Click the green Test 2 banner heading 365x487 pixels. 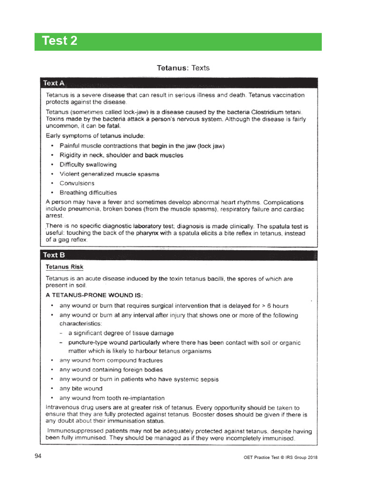[60, 41]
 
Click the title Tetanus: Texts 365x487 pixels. [183, 68]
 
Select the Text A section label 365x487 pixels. [54, 83]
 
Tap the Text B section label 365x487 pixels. [54, 255]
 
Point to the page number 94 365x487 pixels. [38, 457]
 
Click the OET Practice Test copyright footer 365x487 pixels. [277, 458]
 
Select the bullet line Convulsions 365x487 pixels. [77, 183]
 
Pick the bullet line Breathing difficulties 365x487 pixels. [88, 193]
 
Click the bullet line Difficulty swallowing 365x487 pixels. [88, 165]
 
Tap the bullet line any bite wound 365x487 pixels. [81, 389]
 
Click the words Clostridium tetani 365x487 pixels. [274, 111]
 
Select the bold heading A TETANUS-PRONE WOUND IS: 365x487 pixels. [94, 295]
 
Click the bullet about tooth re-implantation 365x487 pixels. [112, 398]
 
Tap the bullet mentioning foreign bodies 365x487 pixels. [111, 370]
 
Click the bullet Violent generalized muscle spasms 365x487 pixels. [109, 174]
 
